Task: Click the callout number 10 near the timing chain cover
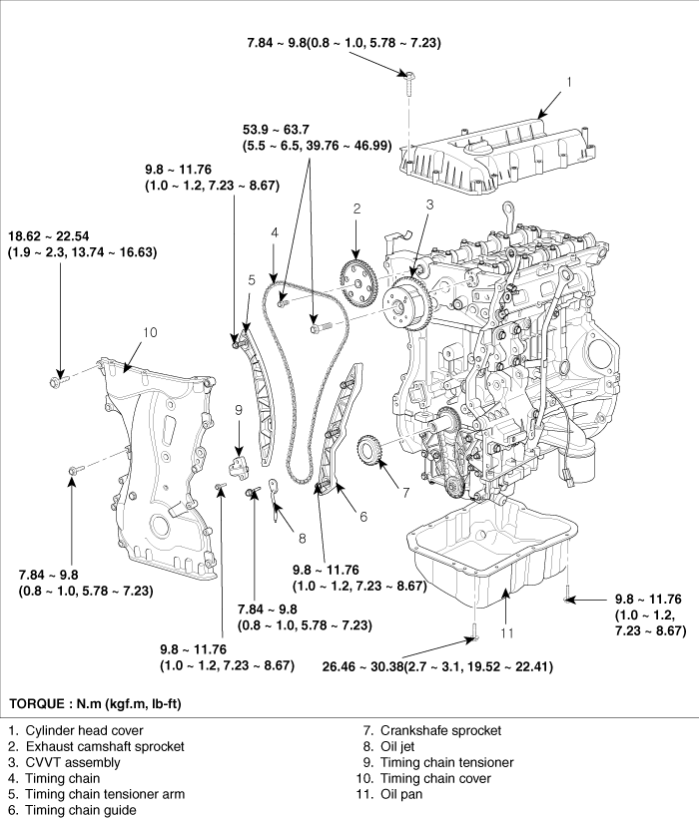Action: click(x=150, y=332)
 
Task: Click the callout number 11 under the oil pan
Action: click(x=506, y=632)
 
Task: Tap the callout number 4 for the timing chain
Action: click(x=272, y=233)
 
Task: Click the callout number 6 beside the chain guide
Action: click(x=362, y=516)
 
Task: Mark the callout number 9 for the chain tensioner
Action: click(x=240, y=409)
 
